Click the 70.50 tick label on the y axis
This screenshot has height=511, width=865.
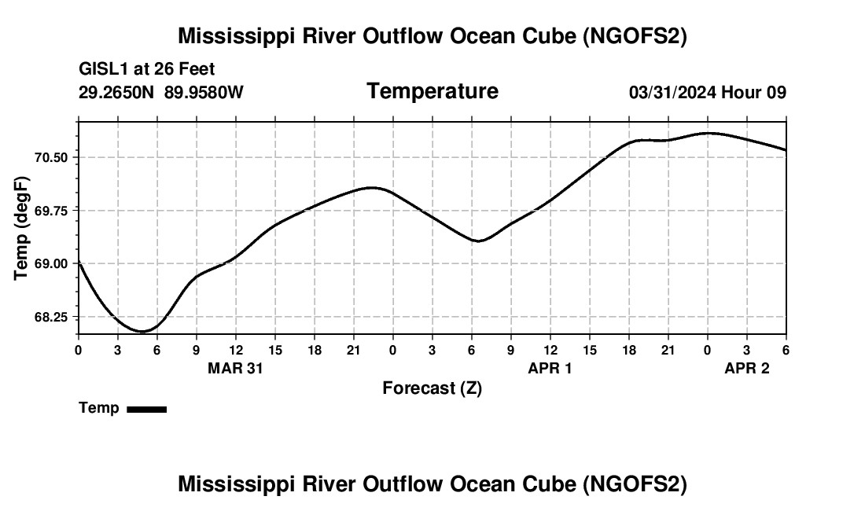click(52, 157)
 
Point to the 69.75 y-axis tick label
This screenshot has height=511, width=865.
click(52, 211)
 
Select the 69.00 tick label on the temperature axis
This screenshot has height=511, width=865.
click(52, 263)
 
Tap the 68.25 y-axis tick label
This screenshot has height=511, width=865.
click(52, 317)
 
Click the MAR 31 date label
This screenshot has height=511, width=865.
click(235, 368)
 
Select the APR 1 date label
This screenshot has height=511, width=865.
click(550, 368)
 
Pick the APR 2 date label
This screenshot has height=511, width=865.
click(746, 368)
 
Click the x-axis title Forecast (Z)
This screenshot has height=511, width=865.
click(432, 388)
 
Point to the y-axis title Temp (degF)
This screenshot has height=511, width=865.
click(22, 228)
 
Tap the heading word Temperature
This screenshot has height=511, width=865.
click(432, 91)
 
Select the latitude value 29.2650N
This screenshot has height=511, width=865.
click(118, 92)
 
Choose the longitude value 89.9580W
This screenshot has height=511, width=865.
click(204, 92)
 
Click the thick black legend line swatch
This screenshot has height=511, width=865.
click(146, 409)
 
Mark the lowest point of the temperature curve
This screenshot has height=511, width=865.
click(142, 332)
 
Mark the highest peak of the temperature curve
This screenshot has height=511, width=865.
click(709, 133)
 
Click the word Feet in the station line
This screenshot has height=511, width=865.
click(196, 70)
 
